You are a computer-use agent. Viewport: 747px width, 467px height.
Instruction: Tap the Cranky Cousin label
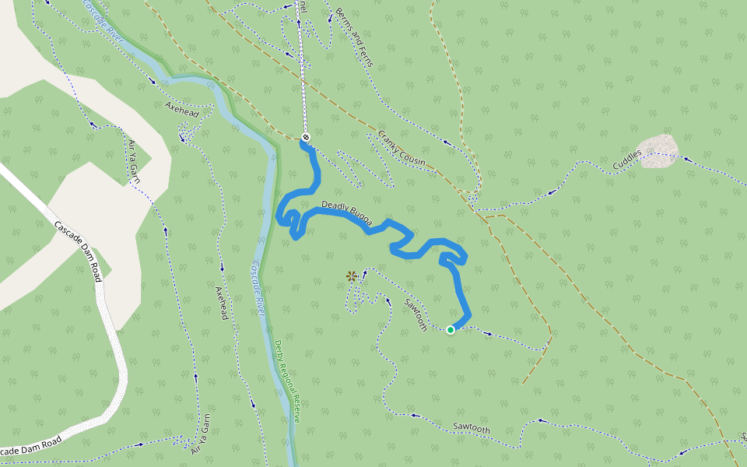402,148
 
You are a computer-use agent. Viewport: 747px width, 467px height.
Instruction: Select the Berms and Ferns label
356,38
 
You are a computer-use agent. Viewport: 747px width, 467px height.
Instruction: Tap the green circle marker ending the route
451,330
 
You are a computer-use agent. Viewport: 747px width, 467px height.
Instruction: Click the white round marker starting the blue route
306,138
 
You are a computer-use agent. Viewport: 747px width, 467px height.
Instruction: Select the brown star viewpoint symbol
352,276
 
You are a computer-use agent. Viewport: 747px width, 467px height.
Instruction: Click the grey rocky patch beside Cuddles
658,148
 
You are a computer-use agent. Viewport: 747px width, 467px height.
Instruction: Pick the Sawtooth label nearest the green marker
416,314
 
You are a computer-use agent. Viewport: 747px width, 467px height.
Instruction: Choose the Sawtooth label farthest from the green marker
472,428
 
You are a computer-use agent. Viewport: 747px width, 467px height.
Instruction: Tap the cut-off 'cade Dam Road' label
31,447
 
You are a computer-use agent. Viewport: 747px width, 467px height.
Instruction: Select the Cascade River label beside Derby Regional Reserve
258,287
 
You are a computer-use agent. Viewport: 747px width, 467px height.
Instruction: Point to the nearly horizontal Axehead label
182,109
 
